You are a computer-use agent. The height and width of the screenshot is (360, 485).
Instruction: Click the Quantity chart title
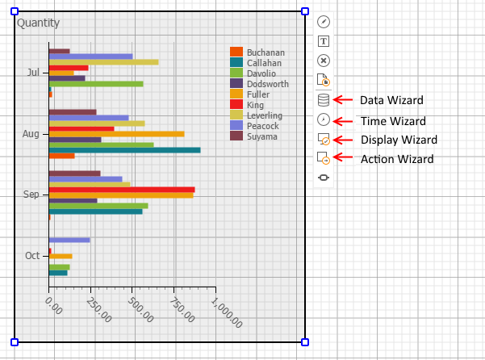point(38,23)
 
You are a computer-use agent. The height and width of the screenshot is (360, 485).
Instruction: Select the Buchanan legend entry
point(265,52)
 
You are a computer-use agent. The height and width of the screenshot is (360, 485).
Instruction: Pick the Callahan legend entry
point(264,63)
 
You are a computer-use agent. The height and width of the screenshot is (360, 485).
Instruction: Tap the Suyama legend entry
point(262,136)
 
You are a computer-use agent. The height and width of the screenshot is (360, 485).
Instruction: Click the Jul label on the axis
point(33,73)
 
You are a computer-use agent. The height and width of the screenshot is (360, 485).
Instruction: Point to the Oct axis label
point(32,256)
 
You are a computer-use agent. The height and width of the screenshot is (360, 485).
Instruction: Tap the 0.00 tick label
point(54,304)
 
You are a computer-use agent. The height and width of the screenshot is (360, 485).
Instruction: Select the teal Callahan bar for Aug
point(124,149)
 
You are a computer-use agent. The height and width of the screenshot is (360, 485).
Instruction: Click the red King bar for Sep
point(121,190)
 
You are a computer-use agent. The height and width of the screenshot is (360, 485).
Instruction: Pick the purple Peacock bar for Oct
point(69,240)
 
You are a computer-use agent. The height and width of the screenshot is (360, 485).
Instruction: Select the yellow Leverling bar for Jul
point(103,62)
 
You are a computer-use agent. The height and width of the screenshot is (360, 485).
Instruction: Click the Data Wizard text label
point(391,100)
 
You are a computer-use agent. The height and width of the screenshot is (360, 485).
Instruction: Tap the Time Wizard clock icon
point(324,119)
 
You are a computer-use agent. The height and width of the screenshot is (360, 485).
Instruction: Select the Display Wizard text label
point(399,140)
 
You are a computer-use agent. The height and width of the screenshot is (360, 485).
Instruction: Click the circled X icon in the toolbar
point(324,61)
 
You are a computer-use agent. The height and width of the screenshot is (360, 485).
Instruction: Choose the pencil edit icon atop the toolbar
point(324,22)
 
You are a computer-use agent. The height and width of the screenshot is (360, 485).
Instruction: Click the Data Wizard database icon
point(324,100)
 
